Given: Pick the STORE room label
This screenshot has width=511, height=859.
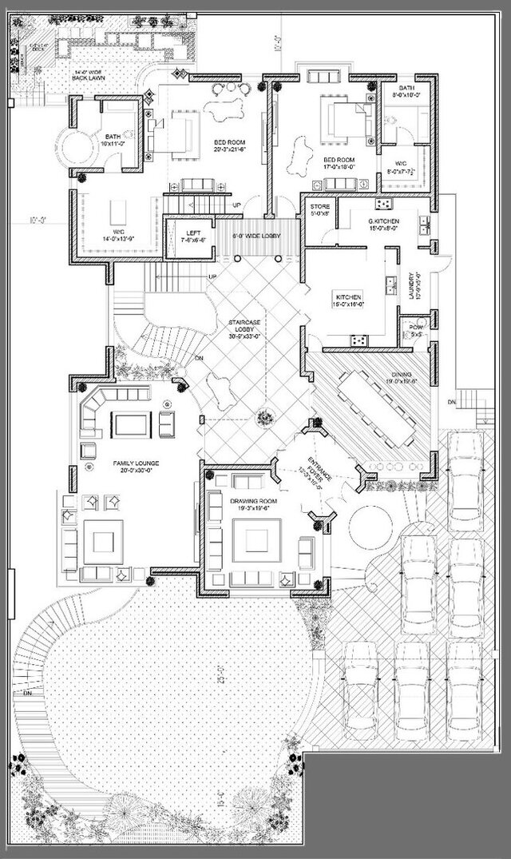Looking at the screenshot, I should click(x=319, y=210).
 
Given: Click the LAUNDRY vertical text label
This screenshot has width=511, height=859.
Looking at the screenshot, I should click(x=413, y=284).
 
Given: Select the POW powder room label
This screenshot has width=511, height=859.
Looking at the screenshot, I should click(x=415, y=330).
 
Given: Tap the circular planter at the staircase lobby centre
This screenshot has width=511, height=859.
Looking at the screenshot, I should click(x=263, y=416).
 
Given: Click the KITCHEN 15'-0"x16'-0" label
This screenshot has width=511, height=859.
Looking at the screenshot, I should click(x=349, y=300).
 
